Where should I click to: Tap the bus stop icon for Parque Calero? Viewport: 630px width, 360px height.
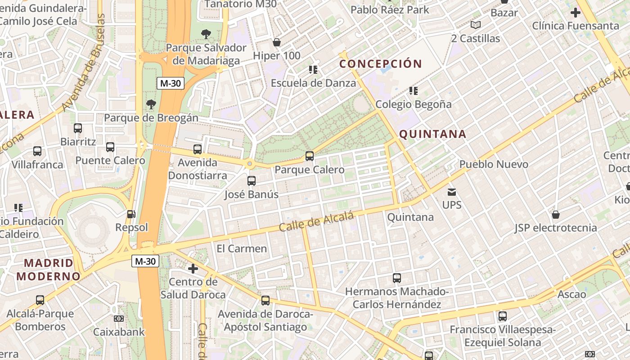[310, 156]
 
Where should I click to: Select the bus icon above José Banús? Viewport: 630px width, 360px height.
[252, 181]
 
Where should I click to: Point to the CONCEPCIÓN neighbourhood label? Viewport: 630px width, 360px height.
[381, 64]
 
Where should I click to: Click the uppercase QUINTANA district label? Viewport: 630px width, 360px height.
[432, 134]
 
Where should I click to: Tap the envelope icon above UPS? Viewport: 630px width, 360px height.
[452, 192]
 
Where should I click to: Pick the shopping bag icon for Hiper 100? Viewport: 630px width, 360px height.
[277, 43]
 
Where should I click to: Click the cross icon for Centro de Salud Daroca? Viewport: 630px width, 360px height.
[193, 269]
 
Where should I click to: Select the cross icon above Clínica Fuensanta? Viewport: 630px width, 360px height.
[575, 13]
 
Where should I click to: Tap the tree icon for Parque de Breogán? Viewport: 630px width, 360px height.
[151, 104]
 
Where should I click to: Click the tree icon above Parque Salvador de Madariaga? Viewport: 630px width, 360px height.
[206, 34]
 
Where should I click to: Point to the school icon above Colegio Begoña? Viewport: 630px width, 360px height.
[414, 91]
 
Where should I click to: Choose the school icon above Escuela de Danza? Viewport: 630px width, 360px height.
[313, 69]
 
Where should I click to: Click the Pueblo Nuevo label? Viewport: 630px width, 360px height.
[494, 164]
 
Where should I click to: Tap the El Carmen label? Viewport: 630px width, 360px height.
[242, 248]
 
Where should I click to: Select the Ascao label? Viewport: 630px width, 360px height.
[571, 295]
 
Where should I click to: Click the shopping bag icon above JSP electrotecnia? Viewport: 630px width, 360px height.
[556, 215]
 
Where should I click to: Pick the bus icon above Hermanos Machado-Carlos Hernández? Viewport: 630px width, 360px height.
[396, 278]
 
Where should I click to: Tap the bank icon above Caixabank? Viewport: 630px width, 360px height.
[119, 319]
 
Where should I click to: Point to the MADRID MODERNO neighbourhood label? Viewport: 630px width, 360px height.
[48, 270]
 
